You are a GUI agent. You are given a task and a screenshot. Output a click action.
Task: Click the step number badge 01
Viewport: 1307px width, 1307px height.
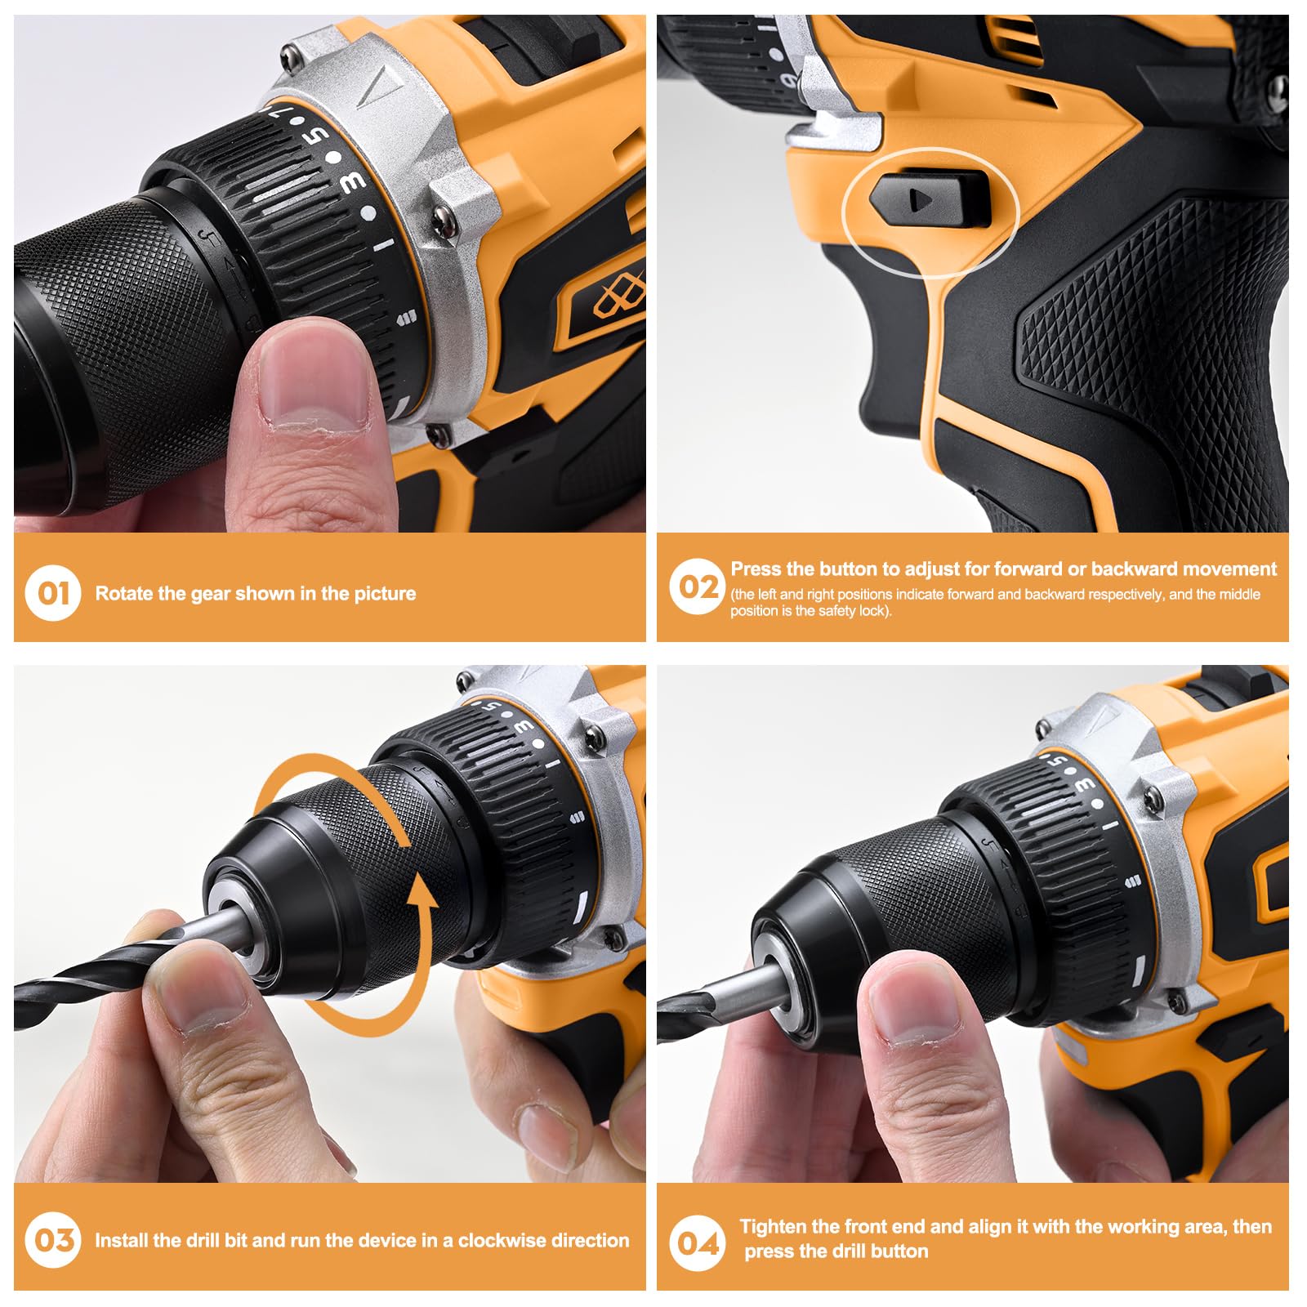coord(53,592)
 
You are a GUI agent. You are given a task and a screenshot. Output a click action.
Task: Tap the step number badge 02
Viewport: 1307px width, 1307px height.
coord(697,587)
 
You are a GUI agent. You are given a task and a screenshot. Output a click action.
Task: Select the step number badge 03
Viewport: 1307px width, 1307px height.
coord(53,1240)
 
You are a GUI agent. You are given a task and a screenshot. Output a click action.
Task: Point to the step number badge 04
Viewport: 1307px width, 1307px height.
coord(697,1243)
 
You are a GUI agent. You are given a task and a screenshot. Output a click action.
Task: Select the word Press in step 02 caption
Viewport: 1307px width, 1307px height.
coord(756,569)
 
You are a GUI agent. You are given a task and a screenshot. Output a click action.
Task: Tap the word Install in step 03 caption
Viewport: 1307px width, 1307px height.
coord(121,1240)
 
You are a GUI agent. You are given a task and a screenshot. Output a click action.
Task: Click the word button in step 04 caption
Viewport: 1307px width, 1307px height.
coord(899,1251)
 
